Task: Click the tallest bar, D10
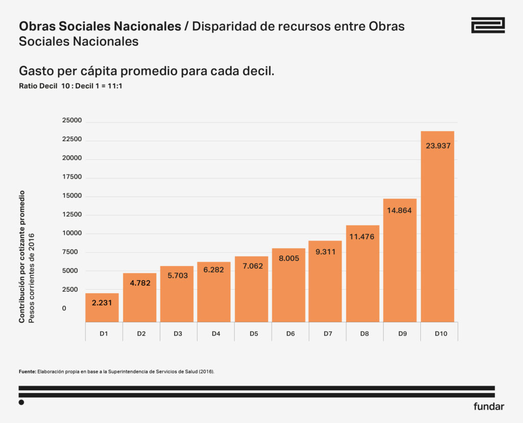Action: (437, 227)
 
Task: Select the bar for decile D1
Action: (102, 308)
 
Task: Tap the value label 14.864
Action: (399, 210)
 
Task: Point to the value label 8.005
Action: (289, 258)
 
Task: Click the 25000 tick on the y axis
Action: (72, 121)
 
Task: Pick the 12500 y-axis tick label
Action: (72, 215)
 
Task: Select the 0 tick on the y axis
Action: (64, 308)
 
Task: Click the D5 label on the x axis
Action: (254, 334)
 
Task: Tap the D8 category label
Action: (364, 334)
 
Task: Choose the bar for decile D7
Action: (325, 281)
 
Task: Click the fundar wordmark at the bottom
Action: (489, 407)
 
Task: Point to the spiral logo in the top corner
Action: (488, 25)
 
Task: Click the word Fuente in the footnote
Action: (27, 372)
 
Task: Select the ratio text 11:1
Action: (115, 86)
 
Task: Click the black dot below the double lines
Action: (21, 403)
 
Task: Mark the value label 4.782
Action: (139, 283)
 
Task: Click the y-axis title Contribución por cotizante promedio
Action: (22, 257)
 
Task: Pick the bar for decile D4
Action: (214, 292)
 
